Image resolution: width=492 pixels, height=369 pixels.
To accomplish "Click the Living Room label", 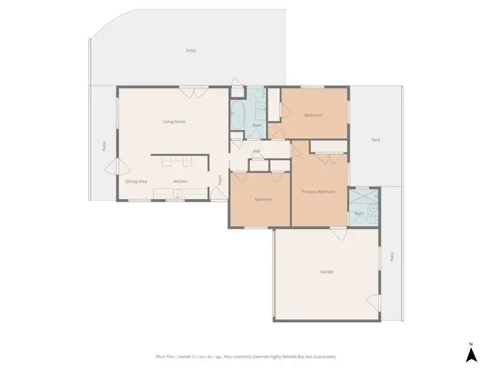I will (x=174, y=121).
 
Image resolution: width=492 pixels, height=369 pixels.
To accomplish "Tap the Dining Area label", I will (x=136, y=181).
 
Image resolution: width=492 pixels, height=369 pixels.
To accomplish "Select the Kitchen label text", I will (x=180, y=181).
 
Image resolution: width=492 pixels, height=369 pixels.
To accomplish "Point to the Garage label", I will (x=327, y=271).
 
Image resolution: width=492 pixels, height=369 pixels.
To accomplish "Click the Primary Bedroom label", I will (x=319, y=191).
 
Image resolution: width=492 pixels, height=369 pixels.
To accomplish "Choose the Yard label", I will (x=375, y=140).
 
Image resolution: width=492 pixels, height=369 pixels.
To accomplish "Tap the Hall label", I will (x=256, y=151).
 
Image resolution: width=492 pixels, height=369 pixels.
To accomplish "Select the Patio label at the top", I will (x=191, y=51).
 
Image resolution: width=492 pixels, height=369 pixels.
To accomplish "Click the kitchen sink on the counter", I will (x=178, y=194).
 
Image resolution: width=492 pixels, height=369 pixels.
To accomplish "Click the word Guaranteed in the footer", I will (x=324, y=357).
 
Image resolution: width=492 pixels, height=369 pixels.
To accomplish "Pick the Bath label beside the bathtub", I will (x=257, y=125).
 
